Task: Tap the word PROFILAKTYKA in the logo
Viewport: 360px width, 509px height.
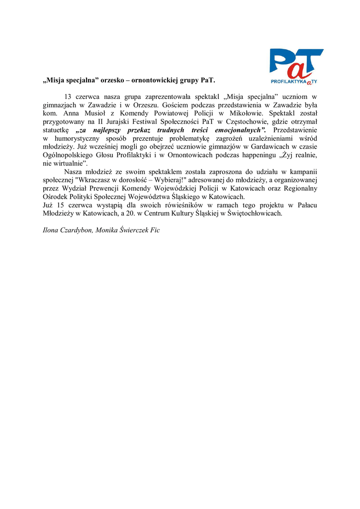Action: click(288, 81)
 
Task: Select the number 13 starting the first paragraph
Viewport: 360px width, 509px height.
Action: click(69, 96)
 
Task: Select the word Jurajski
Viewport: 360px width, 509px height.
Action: click(123, 122)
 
